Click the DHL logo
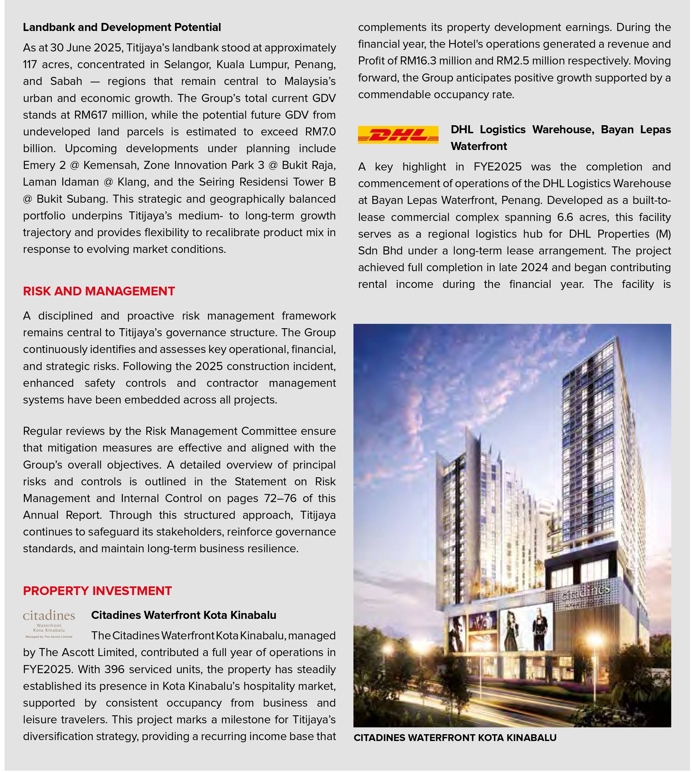(398, 135)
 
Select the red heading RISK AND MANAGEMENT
(99, 291)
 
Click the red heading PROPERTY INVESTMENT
(97, 591)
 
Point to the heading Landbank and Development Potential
(122, 27)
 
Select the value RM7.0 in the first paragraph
(320, 131)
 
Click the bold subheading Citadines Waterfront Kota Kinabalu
(184, 615)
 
